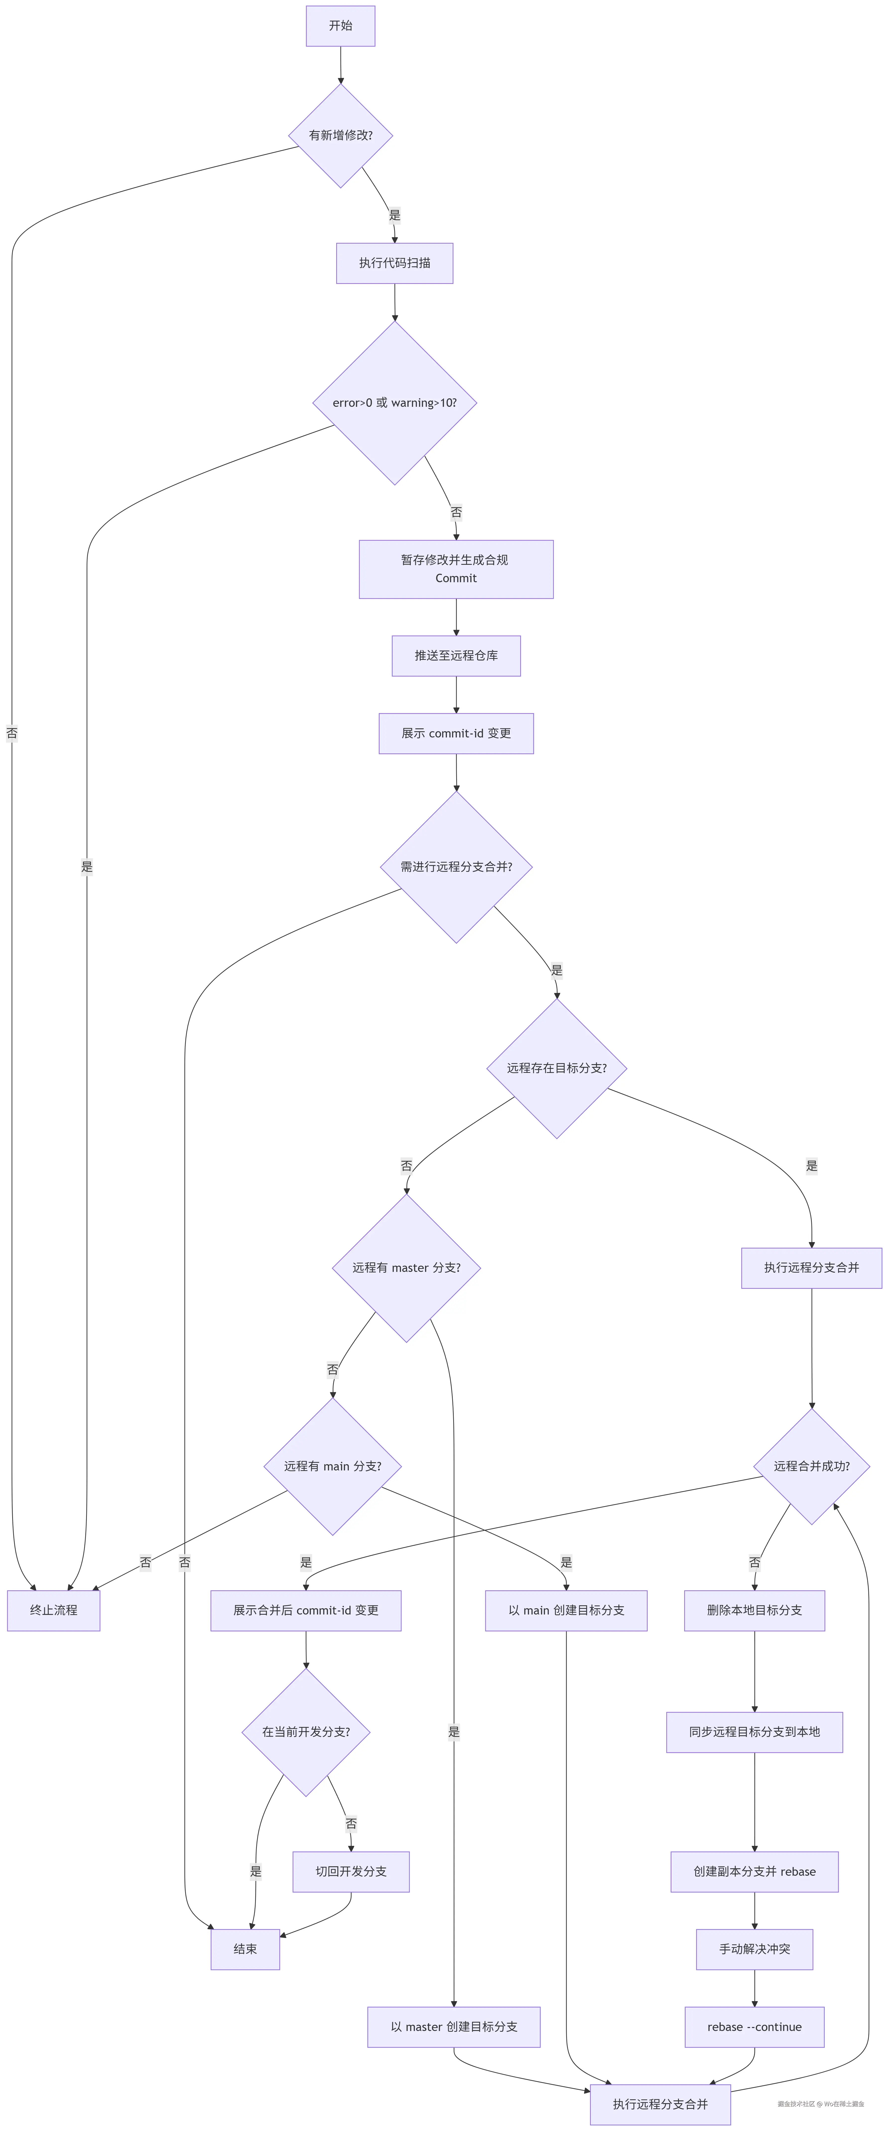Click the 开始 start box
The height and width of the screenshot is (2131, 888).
coord(340,26)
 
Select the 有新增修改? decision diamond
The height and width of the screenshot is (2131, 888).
coord(340,135)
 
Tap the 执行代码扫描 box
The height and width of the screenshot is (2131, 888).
coord(394,263)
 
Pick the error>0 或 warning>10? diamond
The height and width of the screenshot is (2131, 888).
coord(394,403)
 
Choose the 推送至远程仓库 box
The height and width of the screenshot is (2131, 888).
coord(456,655)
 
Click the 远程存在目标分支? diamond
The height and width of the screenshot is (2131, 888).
coord(556,1068)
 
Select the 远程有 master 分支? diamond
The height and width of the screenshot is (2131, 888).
coord(406,1267)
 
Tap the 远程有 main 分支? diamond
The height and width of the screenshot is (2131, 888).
coord(333,1466)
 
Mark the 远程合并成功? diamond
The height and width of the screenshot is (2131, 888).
coord(811,1466)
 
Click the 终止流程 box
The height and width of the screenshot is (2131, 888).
coord(54,1610)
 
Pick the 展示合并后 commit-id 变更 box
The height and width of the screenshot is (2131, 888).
coord(305,1610)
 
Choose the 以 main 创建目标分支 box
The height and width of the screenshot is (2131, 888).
coord(566,1610)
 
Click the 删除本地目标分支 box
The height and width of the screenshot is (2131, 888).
coord(754,1610)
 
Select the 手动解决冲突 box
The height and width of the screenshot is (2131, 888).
coord(754,1949)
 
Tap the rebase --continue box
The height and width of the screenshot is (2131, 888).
coord(754,2027)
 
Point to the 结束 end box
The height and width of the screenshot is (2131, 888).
coord(245,1949)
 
